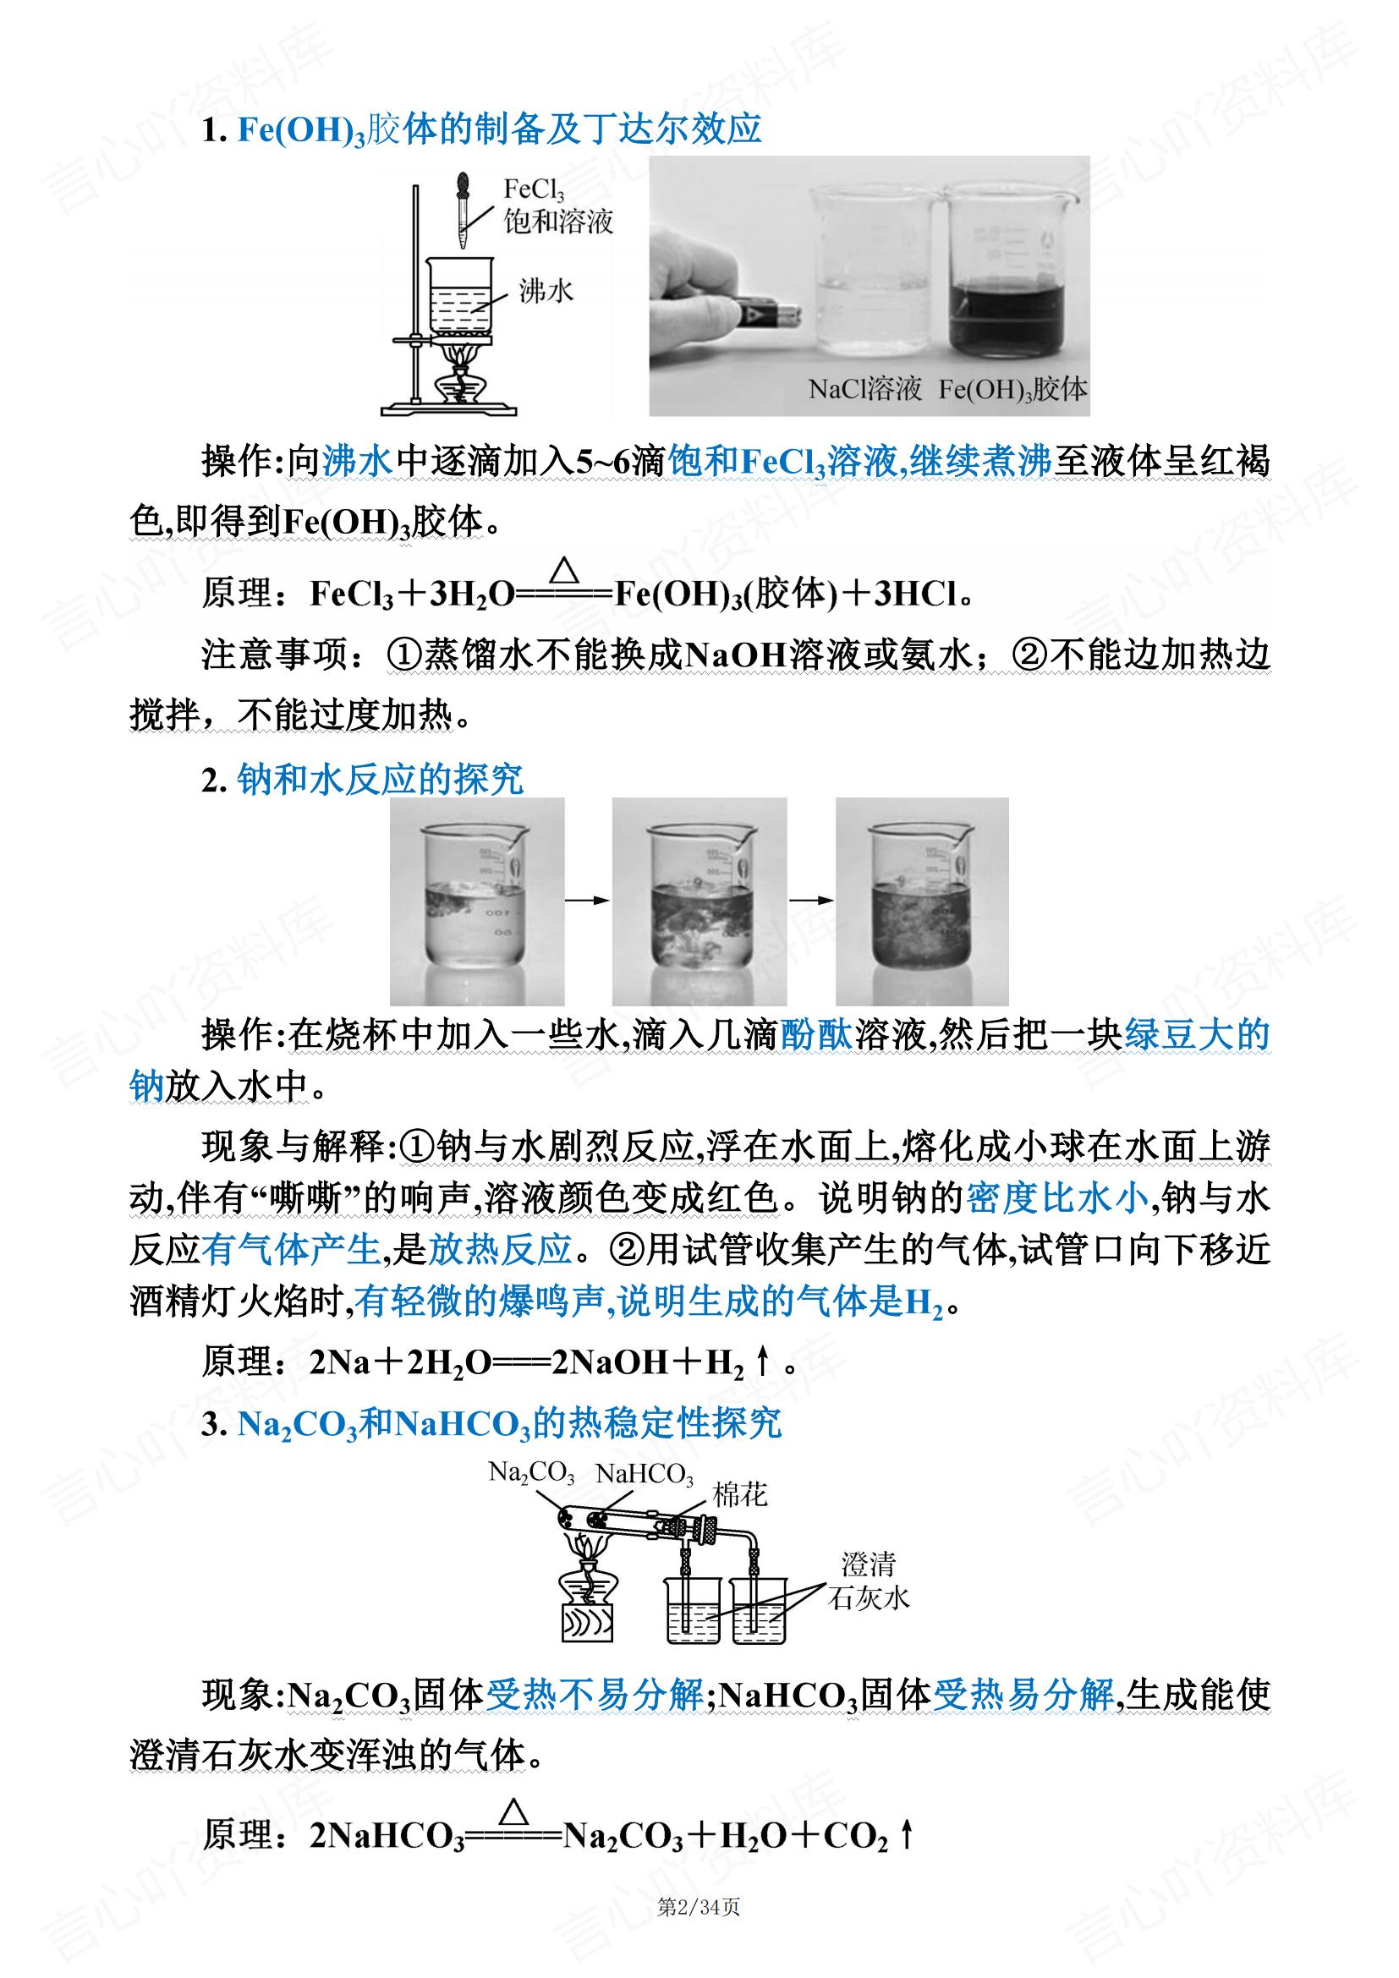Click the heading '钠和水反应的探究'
tap(380, 780)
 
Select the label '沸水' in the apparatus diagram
tap(546, 291)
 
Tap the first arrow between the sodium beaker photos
tap(588, 901)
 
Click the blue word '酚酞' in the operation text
tap(817, 1034)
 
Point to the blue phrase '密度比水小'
tap(1058, 1198)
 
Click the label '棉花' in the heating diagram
tap(739, 1494)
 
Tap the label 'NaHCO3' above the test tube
tap(644, 1474)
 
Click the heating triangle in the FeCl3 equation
tap(564, 569)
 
